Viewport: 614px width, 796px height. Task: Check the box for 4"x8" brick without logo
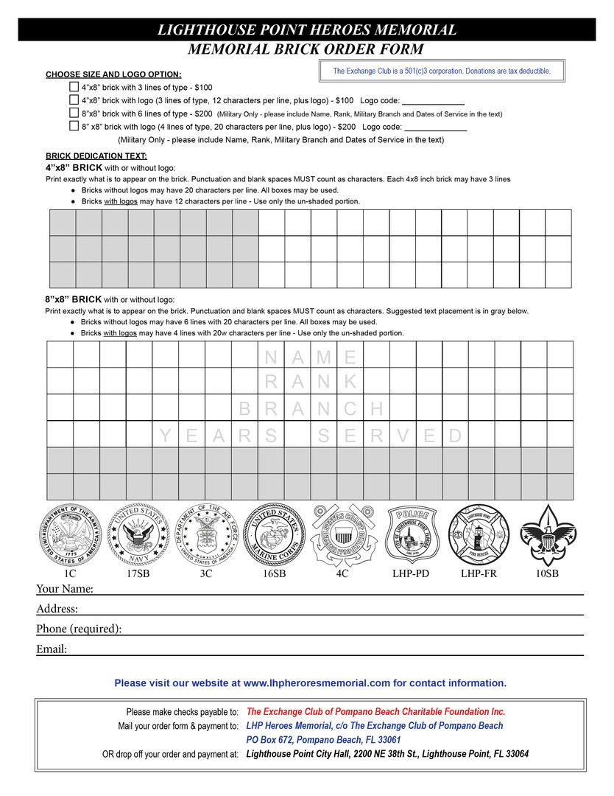(x=74, y=87)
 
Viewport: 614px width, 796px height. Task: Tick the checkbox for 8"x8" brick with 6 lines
(x=74, y=113)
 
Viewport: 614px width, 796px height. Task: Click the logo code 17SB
(x=138, y=573)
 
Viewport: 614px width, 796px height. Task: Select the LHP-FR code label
(x=479, y=573)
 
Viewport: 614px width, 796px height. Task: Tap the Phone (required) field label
(x=79, y=629)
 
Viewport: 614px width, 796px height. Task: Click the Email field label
(x=52, y=649)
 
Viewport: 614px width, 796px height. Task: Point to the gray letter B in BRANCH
(x=245, y=408)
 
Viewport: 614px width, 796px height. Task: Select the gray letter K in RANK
(x=350, y=382)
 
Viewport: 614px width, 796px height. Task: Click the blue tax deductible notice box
(x=442, y=71)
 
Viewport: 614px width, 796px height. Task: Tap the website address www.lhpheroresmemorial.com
(x=317, y=683)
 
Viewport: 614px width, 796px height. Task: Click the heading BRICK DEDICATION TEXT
(x=96, y=156)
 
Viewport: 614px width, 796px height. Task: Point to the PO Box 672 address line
(x=323, y=739)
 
